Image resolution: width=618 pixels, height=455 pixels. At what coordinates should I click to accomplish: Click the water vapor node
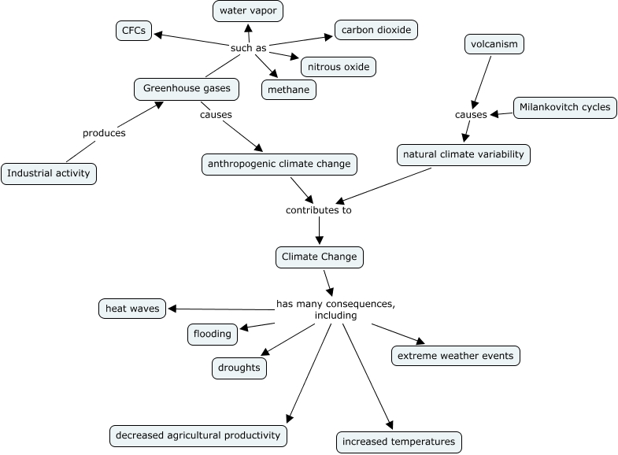(x=248, y=11)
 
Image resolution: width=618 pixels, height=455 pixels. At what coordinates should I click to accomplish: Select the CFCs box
(x=134, y=31)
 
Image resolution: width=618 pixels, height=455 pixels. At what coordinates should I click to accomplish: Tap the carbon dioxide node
(x=376, y=31)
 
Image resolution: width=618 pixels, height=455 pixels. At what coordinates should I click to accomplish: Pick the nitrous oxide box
(x=339, y=66)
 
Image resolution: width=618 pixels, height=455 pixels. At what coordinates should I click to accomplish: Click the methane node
(x=289, y=90)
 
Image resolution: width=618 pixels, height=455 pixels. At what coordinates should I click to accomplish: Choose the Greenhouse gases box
(x=187, y=88)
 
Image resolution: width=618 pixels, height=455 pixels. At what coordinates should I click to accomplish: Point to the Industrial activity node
(x=49, y=173)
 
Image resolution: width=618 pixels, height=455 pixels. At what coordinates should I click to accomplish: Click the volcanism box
(x=494, y=44)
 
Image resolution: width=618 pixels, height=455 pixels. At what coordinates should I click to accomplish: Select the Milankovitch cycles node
(x=565, y=107)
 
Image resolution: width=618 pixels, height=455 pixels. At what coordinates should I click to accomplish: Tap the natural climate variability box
(x=463, y=154)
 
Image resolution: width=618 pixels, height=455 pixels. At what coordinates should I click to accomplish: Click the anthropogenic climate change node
(x=279, y=165)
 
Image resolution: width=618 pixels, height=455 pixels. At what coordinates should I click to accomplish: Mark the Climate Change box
(x=320, y=257)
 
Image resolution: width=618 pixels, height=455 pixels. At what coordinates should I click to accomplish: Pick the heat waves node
(x=132, y=309)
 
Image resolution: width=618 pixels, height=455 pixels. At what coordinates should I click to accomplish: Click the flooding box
(x=213, y=334)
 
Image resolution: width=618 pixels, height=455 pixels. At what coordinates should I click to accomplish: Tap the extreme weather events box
(x=456, y=356)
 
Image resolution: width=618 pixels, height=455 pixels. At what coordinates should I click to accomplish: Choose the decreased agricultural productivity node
(x=198, y=435)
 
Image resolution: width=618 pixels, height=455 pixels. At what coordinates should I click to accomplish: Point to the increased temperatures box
(x=398, y=442)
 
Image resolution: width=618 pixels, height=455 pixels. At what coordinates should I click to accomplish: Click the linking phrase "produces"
(x=104, y=133)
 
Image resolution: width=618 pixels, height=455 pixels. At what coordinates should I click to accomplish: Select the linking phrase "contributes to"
(x=318, y=210)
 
